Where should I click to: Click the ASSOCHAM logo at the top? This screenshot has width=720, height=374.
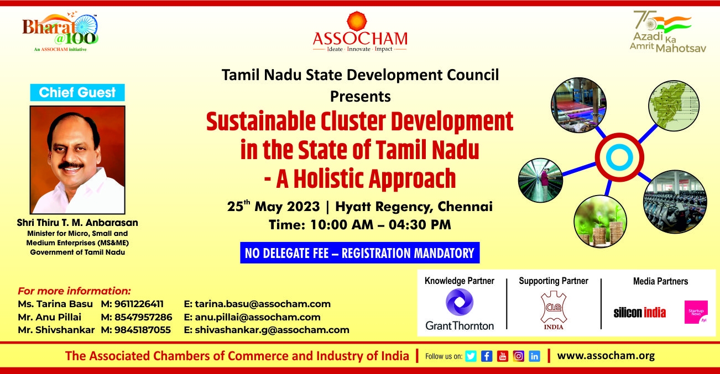click(x=359, y=31)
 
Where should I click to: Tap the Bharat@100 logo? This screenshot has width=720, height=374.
click(x=60, y=31)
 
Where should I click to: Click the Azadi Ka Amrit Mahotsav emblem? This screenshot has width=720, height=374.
click(x=667, y=31)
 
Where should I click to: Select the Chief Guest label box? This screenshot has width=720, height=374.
click(x=77, y=92)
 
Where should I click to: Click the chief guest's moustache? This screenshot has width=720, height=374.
click(x=71, y=166)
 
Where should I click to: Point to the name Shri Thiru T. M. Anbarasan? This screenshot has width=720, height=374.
click(x=77, y=223)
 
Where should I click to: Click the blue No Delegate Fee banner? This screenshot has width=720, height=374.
click(x=359, y=253)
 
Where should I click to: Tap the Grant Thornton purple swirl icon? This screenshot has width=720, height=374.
click(x=460, y=302)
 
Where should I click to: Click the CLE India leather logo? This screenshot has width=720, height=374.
click(x=553, y=310)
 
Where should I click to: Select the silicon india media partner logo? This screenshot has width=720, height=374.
click(x=639, y=312)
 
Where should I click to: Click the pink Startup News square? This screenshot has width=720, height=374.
click(x=696, y=312)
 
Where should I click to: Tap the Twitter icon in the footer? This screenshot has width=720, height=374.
click(x=471, y=356)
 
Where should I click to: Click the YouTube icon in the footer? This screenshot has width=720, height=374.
click(x=503, y=356)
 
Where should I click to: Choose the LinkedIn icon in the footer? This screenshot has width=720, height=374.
click(x=534, y=356)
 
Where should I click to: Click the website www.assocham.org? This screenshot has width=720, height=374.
click(x=606, y=356)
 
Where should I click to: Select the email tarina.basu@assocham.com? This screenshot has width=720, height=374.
click(x=263, y=304)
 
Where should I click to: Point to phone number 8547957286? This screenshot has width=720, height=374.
click(x=143, y=317)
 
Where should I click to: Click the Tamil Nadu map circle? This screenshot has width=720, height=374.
click(x=674, y=106)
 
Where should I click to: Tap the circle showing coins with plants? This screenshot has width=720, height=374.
click(x=600, y=222)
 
